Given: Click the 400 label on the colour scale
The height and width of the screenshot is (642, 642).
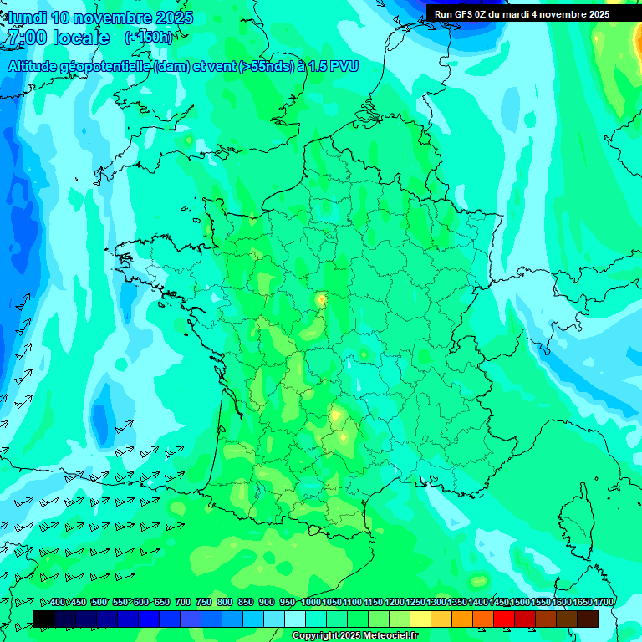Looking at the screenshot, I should click(58, 602).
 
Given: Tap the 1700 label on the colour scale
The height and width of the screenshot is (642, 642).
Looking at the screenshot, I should click(604, 602).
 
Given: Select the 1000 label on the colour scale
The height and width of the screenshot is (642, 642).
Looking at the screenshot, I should click(310, 602).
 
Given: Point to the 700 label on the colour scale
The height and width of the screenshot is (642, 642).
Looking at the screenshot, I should click(183, 602).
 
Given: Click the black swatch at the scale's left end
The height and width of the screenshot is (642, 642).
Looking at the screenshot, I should click(44, 619).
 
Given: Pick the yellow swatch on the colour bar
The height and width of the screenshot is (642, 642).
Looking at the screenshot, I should click(420, 619).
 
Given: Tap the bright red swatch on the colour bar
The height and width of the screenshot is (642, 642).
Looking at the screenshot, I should click(504, 619).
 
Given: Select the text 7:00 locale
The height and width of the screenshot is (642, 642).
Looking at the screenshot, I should click(58, 38).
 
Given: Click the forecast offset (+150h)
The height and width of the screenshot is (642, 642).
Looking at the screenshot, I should click(148, 37).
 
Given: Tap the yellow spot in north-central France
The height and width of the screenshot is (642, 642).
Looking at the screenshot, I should click(321, 298).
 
